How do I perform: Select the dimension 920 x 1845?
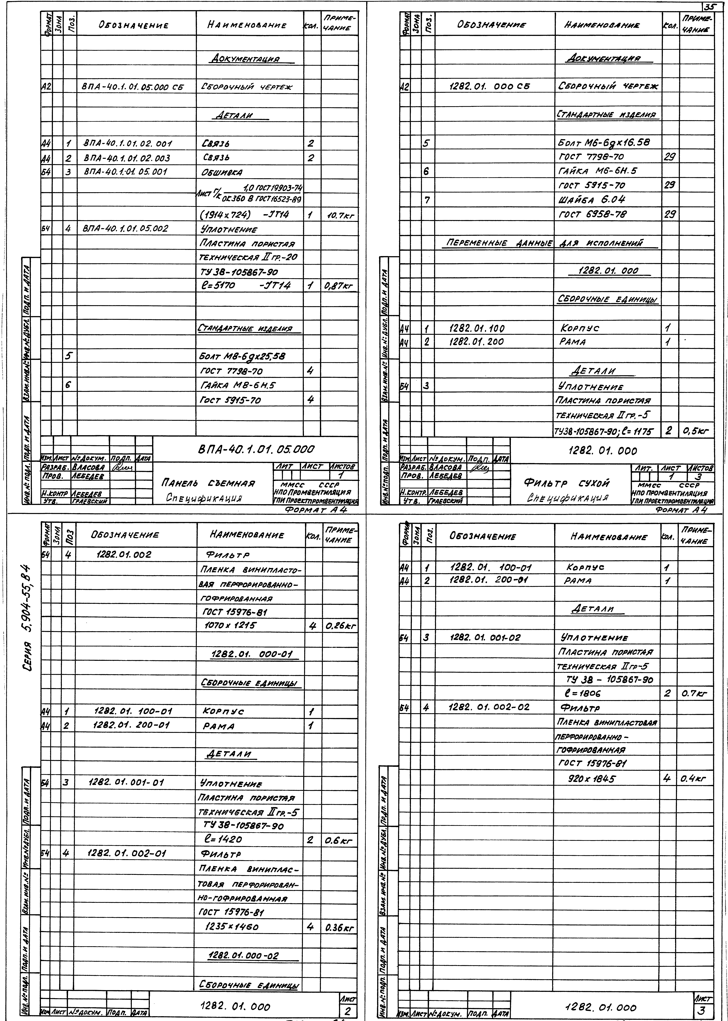[x=592, y=779]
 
